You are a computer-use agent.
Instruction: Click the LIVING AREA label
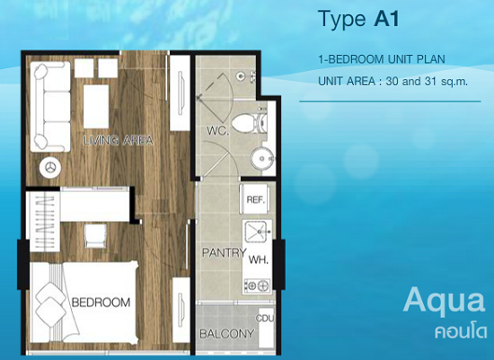[119, 140]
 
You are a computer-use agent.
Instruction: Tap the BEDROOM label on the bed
[101, 303]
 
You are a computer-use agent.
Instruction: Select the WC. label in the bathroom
[218, 130]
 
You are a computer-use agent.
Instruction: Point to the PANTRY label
[224, 252]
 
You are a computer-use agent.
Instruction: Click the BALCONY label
[227, 334]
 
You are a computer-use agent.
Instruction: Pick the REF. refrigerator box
[255, 199]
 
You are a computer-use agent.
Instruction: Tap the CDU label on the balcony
[265, 319]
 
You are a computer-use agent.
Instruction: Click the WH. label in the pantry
[259, 260]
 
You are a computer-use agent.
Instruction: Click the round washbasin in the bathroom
[262, 159]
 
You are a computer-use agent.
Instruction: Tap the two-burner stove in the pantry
[257, 286]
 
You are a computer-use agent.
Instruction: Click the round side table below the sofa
[50, 167]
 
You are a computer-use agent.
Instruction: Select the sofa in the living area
[50, 107]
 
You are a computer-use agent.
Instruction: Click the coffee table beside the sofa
[96, 106]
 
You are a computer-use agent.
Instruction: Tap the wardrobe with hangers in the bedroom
[43, 222]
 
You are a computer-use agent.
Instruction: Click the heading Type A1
[359, 19]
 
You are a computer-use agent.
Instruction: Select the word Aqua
[444, 302]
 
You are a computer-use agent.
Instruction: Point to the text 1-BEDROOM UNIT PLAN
[382, 59]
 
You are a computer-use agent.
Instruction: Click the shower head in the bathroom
[241, 75]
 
